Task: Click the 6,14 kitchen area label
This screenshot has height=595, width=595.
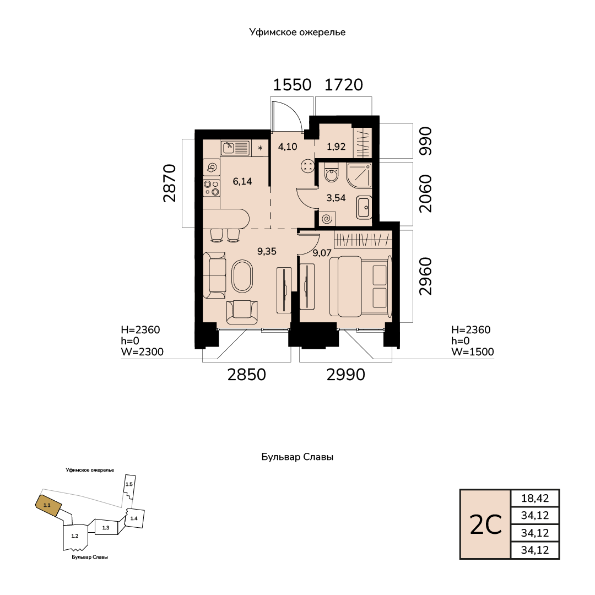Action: pyautogui.click(x=242, y=181)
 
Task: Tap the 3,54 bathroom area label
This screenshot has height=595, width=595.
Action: pyautogui.click(x=336, y=198)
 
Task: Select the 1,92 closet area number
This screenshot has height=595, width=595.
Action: pyautogui.click(x=336, y=147)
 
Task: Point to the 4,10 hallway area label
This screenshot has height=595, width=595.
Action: pyautogui.click(x=287, y=147)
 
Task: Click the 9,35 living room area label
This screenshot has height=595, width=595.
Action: pyautogui.click(x=267, y=251)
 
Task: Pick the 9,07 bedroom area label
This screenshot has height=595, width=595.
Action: pyautogui.click(x=322, y=253)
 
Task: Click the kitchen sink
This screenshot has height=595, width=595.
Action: pyautogui.click(x=236, y=148)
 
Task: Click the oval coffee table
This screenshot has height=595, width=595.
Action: pyautogui.click(x=242, y=276)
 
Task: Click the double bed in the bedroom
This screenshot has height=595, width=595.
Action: pyautogui.click(x=360, y=286)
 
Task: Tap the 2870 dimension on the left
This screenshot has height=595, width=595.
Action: pyautogui.click(x=170, y=183)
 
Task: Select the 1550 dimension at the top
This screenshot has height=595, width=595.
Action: pyautogui.click(x=292, y=85)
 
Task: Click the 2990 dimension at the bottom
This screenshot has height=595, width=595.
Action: pyautogui.click(x=345, y=375)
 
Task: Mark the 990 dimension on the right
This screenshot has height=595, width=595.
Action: pyautogui.click(x=425, y=141)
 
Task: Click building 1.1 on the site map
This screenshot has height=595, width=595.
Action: pyautogui.click(x=48, y=505)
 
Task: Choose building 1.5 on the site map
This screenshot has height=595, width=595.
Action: pyautogui.click(x=129, y=486)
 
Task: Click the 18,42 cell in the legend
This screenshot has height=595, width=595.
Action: pyautogui.click(x=534, y=498)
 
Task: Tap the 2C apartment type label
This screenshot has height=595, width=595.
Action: pyautogui.click(x=486, y=525)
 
